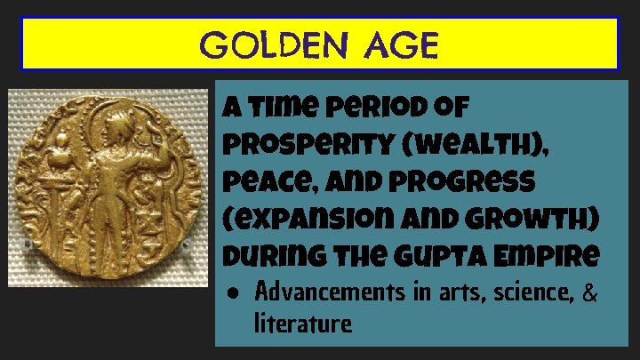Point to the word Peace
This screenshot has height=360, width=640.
[254, 180]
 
